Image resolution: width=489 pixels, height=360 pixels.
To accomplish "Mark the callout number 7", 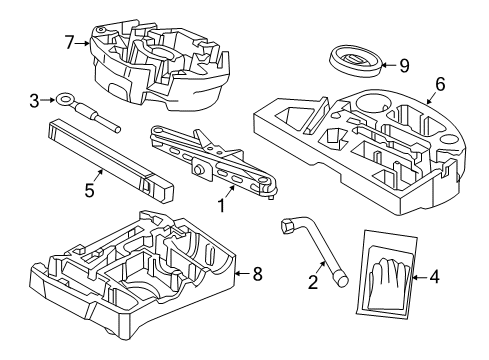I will click(x=69, y=42).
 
